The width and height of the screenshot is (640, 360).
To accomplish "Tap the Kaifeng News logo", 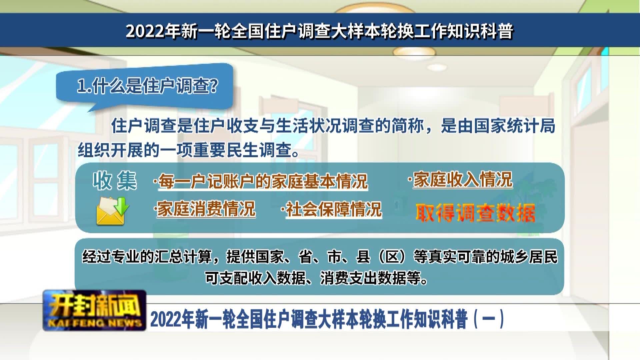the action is [x=95, y=311].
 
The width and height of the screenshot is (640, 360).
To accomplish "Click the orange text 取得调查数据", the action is [x=475, y=213].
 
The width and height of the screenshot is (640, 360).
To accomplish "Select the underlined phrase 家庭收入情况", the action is [x=463, y=180].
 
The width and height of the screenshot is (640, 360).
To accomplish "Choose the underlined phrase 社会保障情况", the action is [x=334, y=209].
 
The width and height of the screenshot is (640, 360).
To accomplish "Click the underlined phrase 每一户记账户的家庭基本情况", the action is [x=263, y=181].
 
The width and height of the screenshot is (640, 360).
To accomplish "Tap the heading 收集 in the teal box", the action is [x=115, y=181].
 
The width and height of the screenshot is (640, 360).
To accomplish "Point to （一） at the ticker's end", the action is [x=489, y=319].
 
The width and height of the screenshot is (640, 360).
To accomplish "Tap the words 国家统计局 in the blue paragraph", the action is [x=515, y=126].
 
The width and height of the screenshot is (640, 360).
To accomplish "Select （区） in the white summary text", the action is [x=393, y=257].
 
